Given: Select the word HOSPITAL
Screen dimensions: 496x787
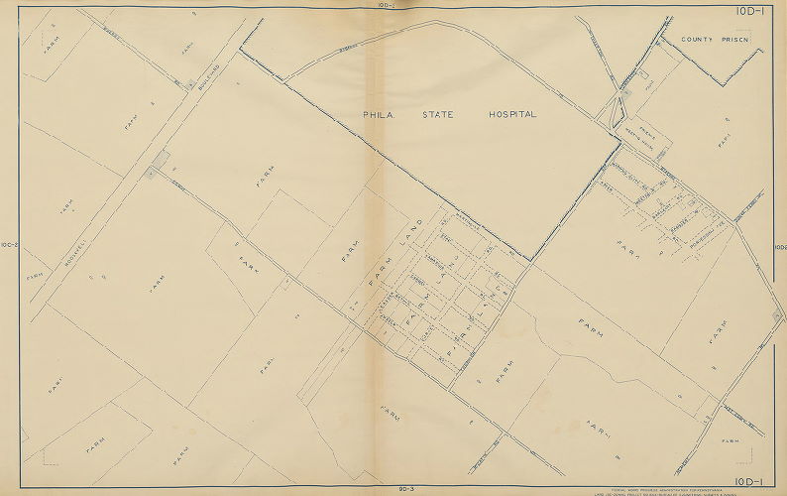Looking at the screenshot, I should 512,115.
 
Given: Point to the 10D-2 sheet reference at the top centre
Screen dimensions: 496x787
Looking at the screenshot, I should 387,5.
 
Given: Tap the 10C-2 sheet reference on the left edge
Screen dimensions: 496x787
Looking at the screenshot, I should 10,245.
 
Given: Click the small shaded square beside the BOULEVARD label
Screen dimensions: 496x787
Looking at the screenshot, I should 190,85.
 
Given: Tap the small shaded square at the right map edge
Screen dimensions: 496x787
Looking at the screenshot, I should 778,317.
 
